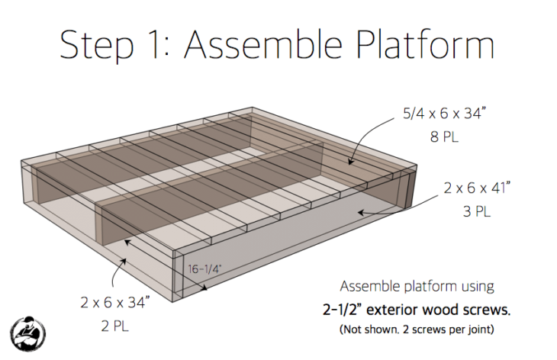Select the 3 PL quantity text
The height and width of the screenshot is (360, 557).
point(478,212)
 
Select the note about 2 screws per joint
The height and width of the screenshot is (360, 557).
point(417,330)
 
